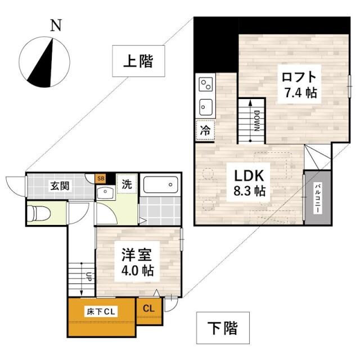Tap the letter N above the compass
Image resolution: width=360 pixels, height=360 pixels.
[x=55, y=25]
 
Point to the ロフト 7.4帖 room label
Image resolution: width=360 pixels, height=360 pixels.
[x=298, y=84]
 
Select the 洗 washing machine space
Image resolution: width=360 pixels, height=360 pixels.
[x=128, y=183]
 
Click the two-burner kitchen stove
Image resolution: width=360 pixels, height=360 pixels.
[x=205, y=85]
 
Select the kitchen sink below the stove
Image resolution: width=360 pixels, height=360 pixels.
[x=205, y=106]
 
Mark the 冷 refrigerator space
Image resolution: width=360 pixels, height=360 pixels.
[x=205, y=129]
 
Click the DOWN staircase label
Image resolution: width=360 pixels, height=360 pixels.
[x=256, y=120]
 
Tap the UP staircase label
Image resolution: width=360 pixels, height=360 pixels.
[x=88, y=277]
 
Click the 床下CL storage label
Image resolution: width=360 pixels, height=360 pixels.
[x=102, y=311]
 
